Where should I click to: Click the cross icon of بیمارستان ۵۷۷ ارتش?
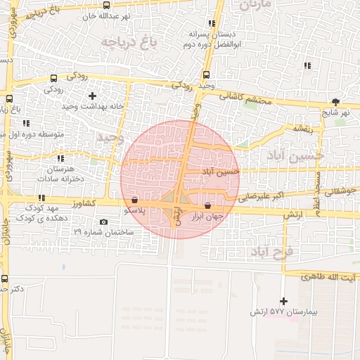click(x=284, y=301)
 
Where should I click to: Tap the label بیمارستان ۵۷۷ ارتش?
click(x=283, y=311)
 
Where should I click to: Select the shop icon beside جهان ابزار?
click(x=207, y=205)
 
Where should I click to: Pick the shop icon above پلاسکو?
click(x=134, y=199)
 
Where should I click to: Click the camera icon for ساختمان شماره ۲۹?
click(x=104, y=222)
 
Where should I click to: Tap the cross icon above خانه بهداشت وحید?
click(x=92, y=95)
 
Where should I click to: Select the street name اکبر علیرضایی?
click(x=261, y=195)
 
